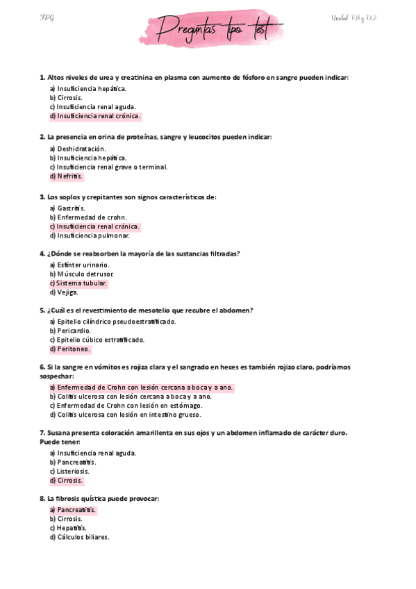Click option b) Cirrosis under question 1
tap(67, 98)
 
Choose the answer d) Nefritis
tap(67, 176)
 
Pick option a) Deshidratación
tap(78, 149)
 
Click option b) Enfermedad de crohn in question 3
tap(88, 217)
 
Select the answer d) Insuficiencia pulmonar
tap(90, 235)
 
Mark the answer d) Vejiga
tap(64, 292)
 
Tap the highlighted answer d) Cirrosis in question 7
tap(67, 480)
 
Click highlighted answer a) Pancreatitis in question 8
tap(73, 510)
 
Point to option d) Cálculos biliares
tap(80, 537)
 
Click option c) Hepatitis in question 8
tap(68, 528)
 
